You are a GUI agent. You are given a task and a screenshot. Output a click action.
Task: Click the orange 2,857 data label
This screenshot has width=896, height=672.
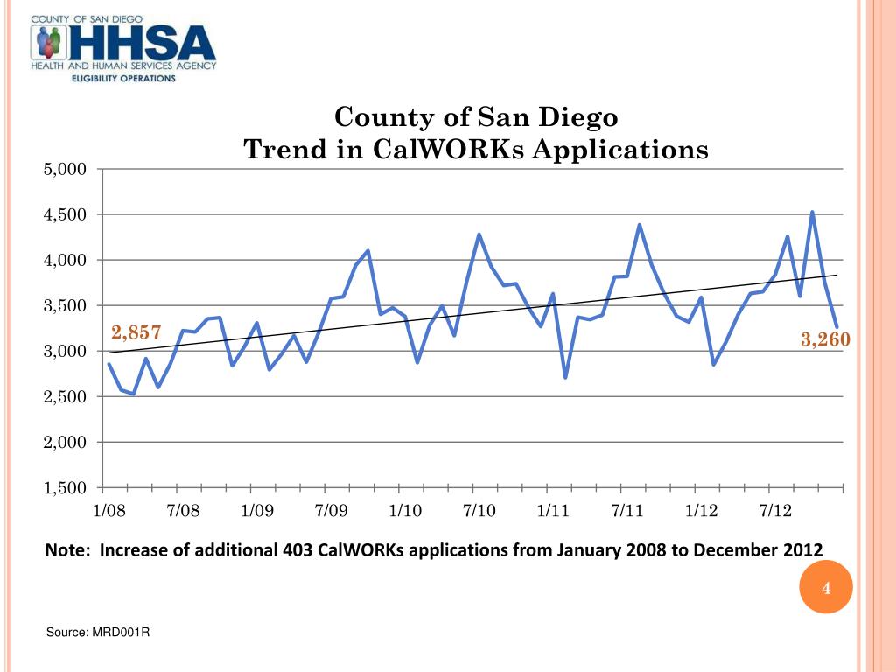click(x=136, y=332)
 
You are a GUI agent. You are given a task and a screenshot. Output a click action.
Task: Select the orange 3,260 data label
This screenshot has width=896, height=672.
click(x=825, y=339)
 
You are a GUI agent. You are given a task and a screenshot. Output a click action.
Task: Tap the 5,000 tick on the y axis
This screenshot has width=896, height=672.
click(x=65, y=169)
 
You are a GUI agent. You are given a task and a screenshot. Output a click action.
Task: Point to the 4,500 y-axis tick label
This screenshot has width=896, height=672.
click(x=65, y=214)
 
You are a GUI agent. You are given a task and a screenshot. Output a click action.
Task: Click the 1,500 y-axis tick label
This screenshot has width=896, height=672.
click(x=65, y=488)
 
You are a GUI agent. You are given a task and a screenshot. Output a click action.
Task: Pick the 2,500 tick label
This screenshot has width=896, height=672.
click(x=65, y=397)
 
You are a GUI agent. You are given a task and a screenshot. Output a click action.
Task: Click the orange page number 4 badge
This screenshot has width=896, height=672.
click(x=825, y=589)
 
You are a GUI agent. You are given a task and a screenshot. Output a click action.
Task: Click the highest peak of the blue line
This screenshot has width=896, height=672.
click(x=812, y=212)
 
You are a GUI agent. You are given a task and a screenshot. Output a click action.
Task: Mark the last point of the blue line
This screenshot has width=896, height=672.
click(x=836, y=326)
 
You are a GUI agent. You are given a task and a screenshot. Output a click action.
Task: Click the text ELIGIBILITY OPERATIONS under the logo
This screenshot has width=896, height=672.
click(x=123, y=78)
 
